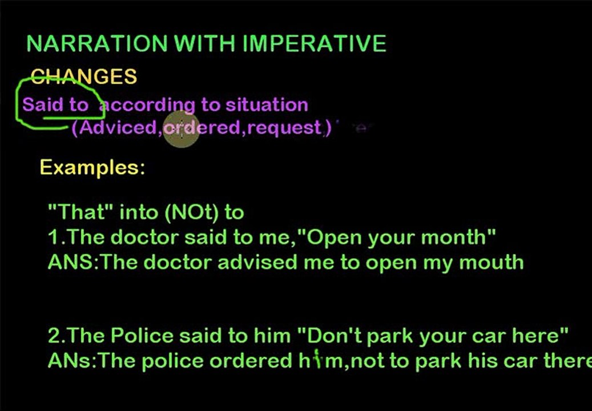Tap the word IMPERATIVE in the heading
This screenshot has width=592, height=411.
tap(315, 44)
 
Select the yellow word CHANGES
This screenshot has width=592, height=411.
tap(83, 76)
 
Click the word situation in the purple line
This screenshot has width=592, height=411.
tap(267, 105)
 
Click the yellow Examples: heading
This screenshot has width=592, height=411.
tap(92, 167)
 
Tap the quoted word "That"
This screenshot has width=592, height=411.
tap(80, 213)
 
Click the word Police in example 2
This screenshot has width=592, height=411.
tap(142, 336)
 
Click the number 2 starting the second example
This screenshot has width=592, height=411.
tap(54, 336)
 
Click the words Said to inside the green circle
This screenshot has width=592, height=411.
tap(55, 105)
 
